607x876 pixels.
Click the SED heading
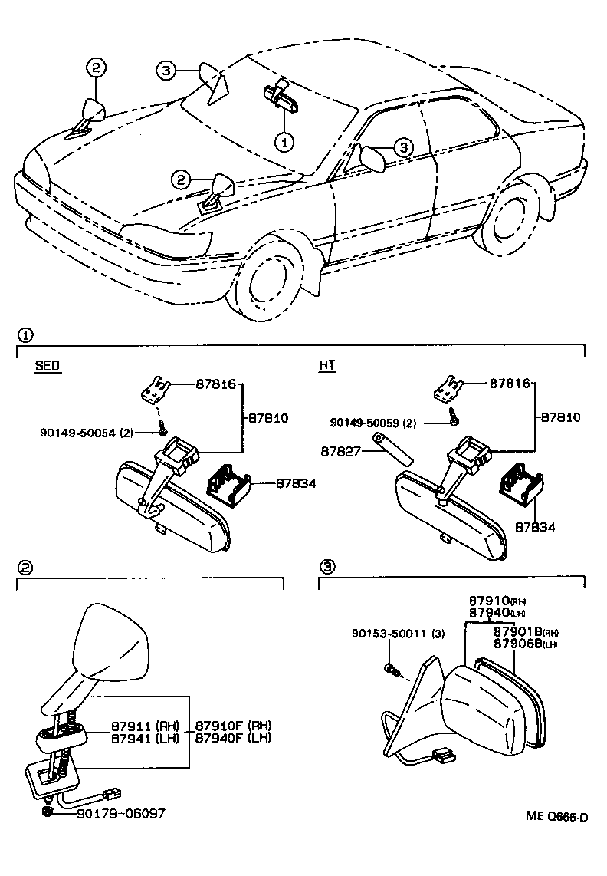point(48,366)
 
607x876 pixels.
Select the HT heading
point(327,366)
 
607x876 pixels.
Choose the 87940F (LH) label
point(233,738)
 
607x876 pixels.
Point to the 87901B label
point(519,631)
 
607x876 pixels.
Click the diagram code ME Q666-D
point(556,817)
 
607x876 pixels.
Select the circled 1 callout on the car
point(284,142)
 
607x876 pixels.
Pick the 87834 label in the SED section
point(274,483)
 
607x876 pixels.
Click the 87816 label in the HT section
point(510,382)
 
